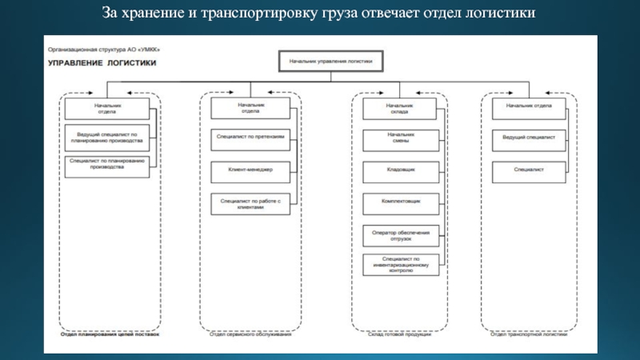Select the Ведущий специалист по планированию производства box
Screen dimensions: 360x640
point(107,137)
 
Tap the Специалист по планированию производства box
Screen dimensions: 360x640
point(107,165)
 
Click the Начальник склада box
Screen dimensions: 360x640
point(400,108)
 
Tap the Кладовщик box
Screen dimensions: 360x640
point(400,170)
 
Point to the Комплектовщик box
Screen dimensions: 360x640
point(400,202)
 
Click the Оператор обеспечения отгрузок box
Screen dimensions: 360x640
point(400,235)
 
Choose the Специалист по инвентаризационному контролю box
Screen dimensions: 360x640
point(400,265)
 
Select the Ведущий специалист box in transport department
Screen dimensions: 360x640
point(528,138)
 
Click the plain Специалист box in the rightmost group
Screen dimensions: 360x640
point(528,170)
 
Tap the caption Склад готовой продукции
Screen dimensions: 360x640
point(399,335)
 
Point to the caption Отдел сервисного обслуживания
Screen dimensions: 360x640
point(250,335)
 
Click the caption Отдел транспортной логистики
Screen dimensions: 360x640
point(528,335)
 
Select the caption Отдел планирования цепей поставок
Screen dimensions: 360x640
point(109,335)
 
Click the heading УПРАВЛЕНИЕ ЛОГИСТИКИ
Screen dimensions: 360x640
point(102,62)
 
